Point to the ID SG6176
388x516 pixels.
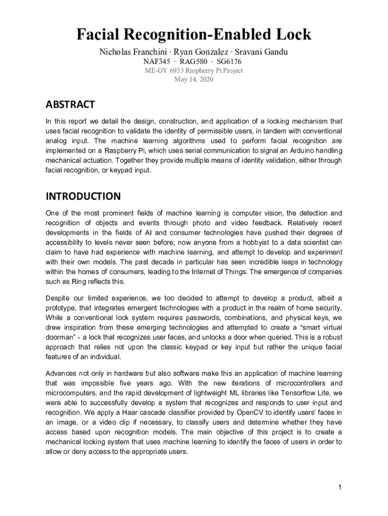click(229, 61)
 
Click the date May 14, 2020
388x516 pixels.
click(194, 80)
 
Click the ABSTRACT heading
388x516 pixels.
click(70, 105)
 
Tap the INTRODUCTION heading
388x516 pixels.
click(83, 196)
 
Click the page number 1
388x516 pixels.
click(341, 487)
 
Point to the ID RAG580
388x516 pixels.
click(194, 61)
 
